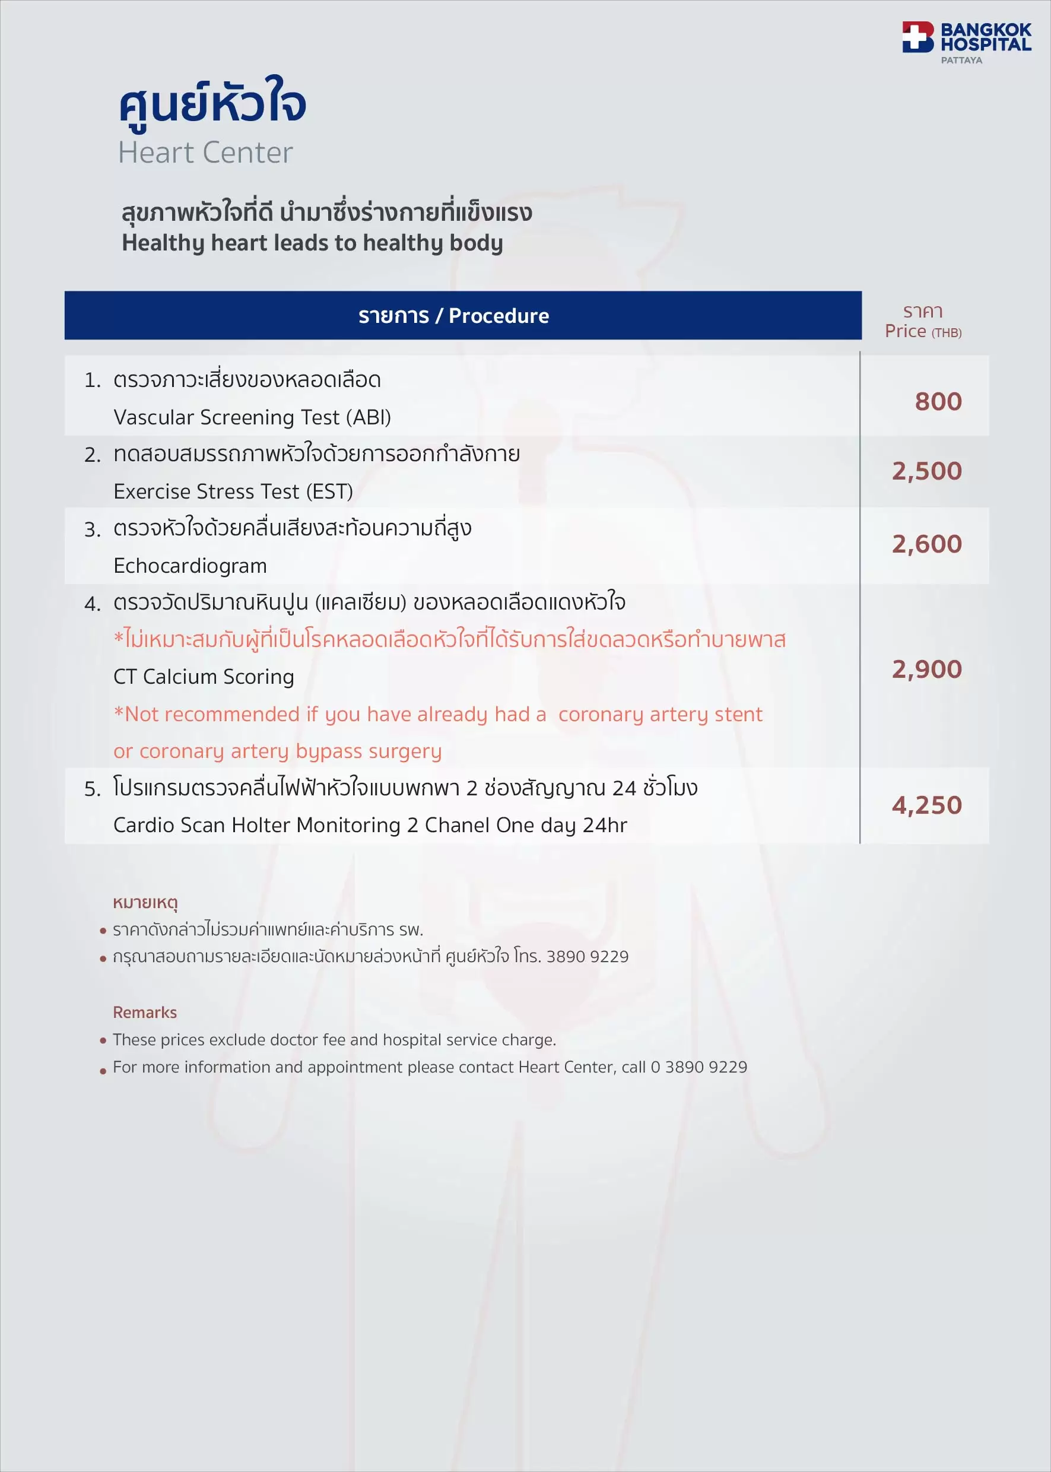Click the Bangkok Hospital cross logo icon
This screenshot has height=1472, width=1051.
tap(917, 37)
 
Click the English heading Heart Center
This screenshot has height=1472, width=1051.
tap(205, 153)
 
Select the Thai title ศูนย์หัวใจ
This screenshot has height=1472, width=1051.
tap(212, 104)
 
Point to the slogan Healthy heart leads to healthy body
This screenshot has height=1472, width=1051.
tap(312, 243)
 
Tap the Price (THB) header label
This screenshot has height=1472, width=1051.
tap(923, 331)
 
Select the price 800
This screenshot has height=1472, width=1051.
tap(938, 402)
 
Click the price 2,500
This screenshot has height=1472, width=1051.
tap(927, 471)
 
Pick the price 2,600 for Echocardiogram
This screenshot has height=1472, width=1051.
tap(927, 544)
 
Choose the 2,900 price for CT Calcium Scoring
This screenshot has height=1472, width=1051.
tap(927, 670)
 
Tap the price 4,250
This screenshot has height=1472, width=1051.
tap(927, 805)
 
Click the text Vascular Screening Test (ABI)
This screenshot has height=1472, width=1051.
tap(252, 417)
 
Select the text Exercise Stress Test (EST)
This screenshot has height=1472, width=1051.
tap(233, 492)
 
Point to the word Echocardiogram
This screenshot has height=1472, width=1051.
tap(190, 566)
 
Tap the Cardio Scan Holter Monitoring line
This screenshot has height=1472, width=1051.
tap(370, 826)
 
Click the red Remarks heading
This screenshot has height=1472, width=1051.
tap(145, 1013)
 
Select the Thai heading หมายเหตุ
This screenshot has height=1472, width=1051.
tap(145, 902)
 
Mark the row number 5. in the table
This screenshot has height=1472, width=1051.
tap(93, 789)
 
